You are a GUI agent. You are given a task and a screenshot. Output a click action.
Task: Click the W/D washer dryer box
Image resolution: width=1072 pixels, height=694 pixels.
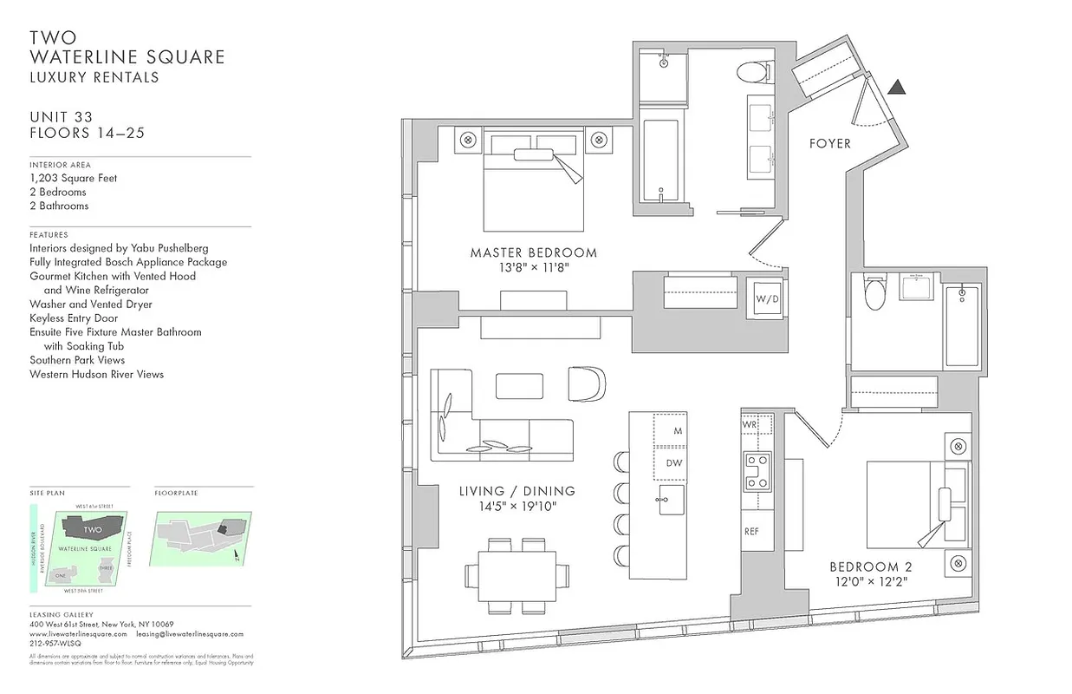[766, 298]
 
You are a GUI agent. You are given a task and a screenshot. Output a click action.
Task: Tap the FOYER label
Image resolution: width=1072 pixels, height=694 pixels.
[829, 143]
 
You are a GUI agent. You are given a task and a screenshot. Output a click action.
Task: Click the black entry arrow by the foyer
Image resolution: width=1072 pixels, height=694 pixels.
[897, 86]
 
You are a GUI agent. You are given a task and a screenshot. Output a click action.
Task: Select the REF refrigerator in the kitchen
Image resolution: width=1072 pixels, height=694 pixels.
[751, 532]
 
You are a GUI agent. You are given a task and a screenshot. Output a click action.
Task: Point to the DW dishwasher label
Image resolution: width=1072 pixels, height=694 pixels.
[673, 463]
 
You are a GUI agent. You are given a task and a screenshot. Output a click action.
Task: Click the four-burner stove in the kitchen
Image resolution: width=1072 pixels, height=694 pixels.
[757, 471]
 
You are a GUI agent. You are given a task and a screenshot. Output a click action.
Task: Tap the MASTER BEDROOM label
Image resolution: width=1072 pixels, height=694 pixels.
[533, 253]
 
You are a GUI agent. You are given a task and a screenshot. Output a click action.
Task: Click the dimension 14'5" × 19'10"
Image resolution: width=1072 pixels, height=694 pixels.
[518, 506]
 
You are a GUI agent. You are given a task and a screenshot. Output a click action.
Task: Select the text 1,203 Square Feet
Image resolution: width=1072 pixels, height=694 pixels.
[73, 178]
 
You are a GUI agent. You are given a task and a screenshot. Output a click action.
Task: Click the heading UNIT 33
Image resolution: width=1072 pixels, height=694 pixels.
[61, 117]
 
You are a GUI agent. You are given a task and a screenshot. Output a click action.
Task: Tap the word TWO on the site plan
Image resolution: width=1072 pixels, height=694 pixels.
[92, 528]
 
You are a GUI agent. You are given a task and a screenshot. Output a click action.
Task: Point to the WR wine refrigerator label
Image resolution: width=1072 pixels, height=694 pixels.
[750, 426]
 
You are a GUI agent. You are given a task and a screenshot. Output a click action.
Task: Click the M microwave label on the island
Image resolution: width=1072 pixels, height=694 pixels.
[678, 430]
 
